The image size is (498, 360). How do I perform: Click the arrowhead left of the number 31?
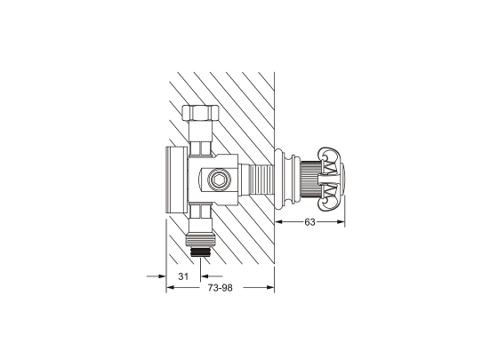tap(161, 277)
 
